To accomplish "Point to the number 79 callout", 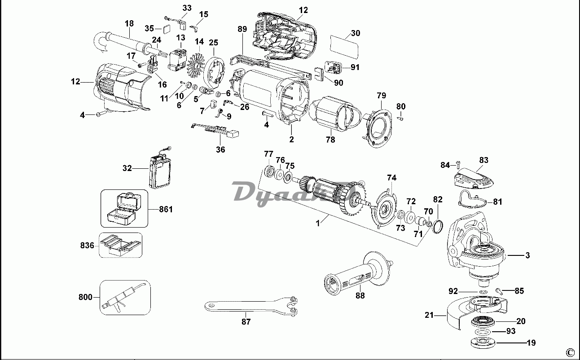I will click(381, 95).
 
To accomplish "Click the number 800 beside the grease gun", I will click(85, 297).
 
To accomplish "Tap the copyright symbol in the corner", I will click(570, 352).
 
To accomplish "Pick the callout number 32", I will click(127, 168).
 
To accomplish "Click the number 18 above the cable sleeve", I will click(129, 23).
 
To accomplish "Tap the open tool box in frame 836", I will click(119, 245).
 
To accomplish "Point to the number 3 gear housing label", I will click(527, 255).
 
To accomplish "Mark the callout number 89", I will click(242, 29).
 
